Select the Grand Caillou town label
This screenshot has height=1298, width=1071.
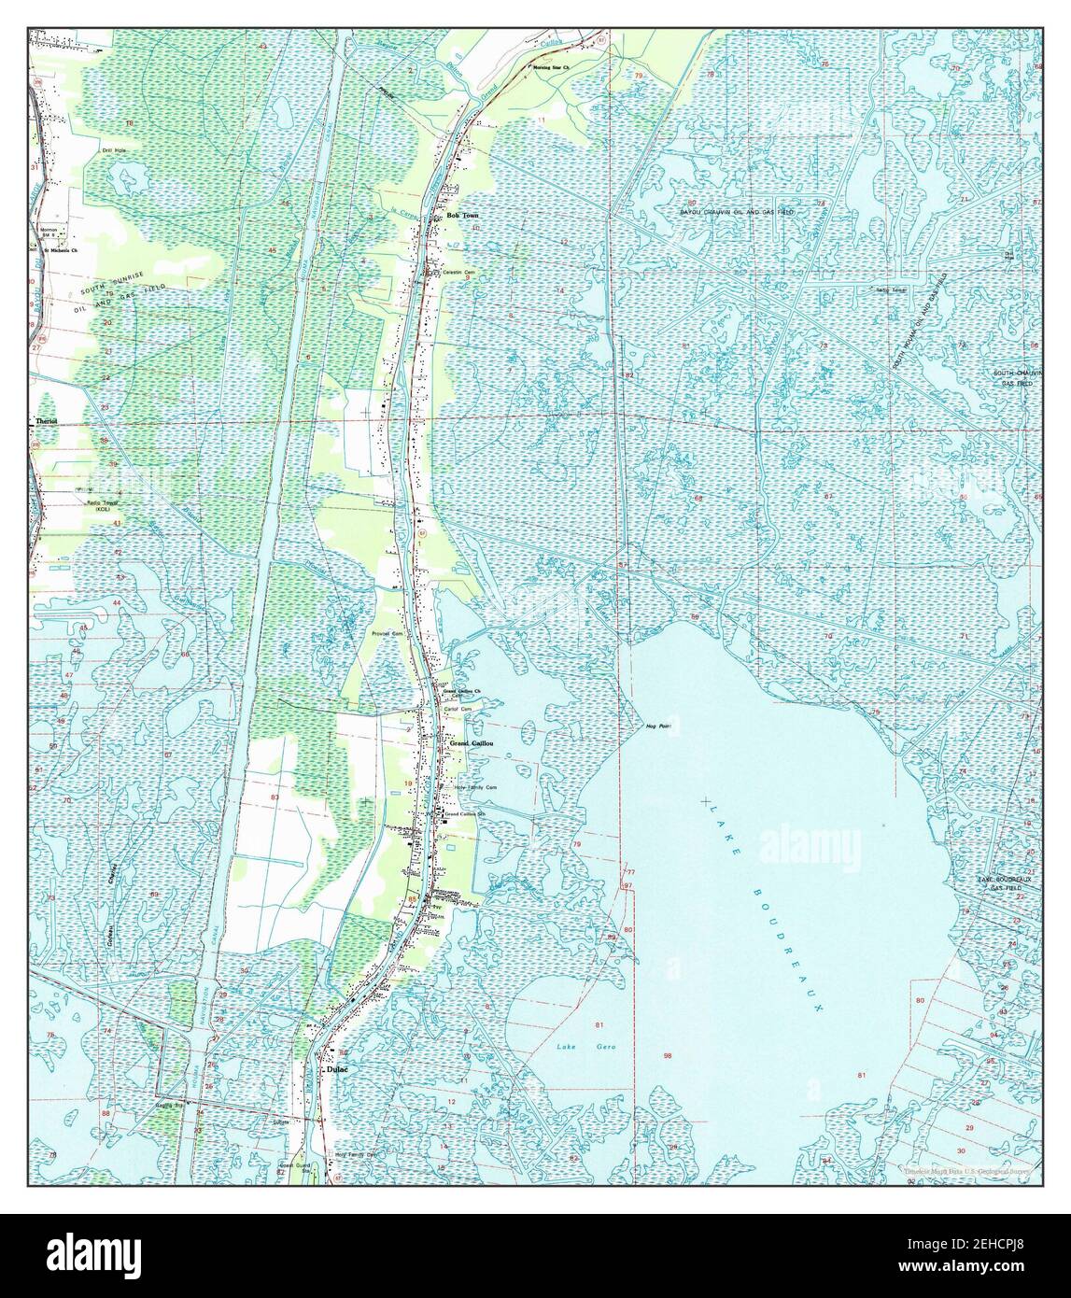[x=471, y=744]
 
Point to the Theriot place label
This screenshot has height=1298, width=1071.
[x=46, y=422]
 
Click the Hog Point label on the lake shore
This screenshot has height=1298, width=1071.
[x=658, y=726]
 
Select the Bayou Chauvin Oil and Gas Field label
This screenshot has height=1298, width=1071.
[x=737, y=213]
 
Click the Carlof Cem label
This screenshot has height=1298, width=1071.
[x=457, y=710]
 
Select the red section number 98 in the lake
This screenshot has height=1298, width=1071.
[x=668, y=1056]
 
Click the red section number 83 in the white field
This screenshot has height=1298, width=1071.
[x=274, y=797]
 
